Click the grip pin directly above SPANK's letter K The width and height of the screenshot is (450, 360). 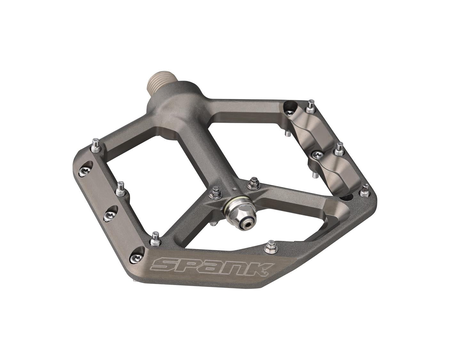pos(271,246)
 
